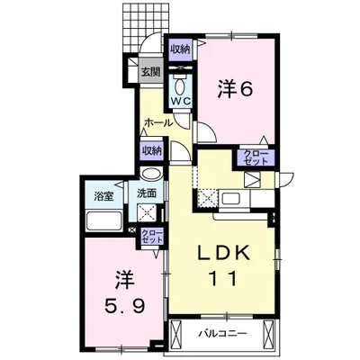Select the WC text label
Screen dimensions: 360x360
[x=178, y=102]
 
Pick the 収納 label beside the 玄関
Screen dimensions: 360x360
[x=178, y=49]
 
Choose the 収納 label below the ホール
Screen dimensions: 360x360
[x=151, y=150]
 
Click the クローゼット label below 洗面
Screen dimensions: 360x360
[x=152, y=237]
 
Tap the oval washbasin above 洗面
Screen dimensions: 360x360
[x=151, y=175]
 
